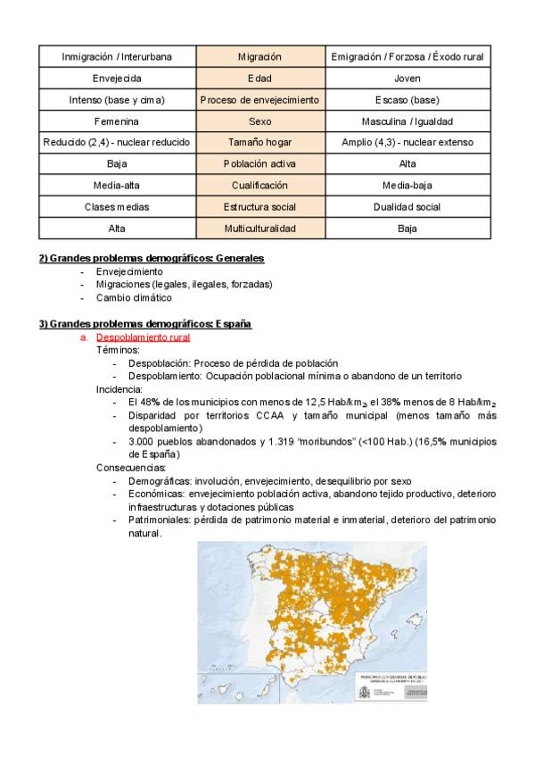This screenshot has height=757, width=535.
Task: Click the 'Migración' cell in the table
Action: pyautogui.click(x=259, y=56)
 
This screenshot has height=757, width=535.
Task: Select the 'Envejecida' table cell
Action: pyautogui.click(x=117, y=79)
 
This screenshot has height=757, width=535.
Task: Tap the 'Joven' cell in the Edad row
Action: pyautogui.click(x=407, y=79)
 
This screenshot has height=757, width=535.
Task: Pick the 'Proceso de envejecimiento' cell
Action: pyautogui.click(x=259, y=100)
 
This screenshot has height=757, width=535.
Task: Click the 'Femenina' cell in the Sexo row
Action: pyautogui.click(x=117, y=121)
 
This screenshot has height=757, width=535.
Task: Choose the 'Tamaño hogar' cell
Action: pyautogui.click(x=259, y=143)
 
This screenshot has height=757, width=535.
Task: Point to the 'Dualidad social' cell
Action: pyautogui.click(x=407, y=207)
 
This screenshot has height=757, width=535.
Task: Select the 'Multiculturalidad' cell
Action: pyautogui.click(x=259, y=229)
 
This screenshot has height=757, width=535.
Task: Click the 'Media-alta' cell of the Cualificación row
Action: pyautogui.click(x=117, y=186)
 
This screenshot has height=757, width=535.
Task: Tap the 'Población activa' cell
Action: pyautogui.click(x=259, y=164)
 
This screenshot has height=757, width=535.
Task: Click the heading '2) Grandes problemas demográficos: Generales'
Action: pyautogui.click(x=151, y=259)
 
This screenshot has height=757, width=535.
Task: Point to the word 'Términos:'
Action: pyautogui.click(x=119, y=351)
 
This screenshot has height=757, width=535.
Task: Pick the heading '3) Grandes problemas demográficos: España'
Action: pyautogui.click(x=145, y=324)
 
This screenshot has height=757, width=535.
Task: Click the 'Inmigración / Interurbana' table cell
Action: pyautogui.click(x=117, y=56)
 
